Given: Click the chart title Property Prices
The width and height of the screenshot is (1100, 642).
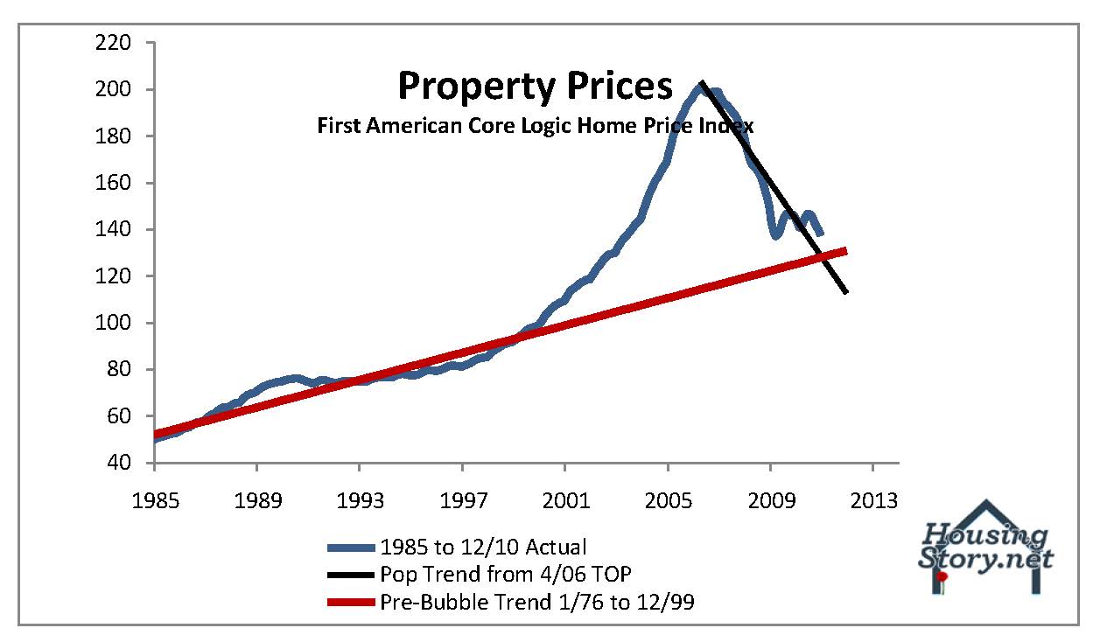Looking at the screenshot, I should click(536, 86).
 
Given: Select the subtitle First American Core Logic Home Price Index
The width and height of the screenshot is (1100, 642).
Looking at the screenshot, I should click(535, 126).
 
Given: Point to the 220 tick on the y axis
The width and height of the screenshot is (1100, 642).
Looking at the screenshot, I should click(115, 43).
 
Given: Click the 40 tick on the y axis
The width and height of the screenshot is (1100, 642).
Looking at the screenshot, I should click(120, 463).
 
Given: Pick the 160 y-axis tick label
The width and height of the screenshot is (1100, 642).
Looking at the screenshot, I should click(115, 183).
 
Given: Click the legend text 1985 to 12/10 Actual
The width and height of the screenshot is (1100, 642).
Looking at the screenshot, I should click(483, 548).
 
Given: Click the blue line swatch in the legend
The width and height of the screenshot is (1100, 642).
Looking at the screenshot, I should click(352, 548).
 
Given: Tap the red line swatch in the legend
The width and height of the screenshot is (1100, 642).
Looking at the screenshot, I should click(352, 603).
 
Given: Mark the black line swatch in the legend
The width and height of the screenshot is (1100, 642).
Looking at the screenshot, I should click(352, 576).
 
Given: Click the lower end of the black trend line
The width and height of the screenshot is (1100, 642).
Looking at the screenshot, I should click(847, 292).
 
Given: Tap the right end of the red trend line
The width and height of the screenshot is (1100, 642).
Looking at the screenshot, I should click(846, 251).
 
